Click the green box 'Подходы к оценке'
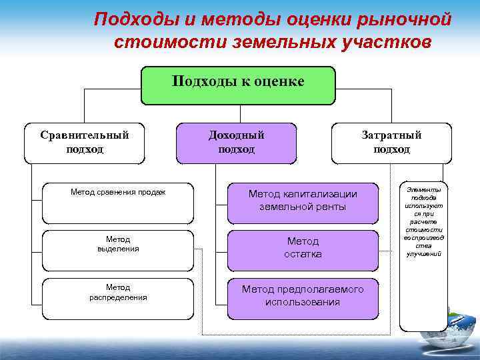click(x=238, y=85)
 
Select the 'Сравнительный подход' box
click(x=85, y=143)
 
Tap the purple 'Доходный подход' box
click(x=236, y=143)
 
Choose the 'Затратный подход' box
click(x=391, y=143)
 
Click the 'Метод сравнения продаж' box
click(x=118, y=203)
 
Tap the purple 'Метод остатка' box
click(x=303, y=247)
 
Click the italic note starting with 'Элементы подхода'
click(x=424, y=222)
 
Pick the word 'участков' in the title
click(x=382, y=41)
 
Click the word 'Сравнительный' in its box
click(x=85, y=135)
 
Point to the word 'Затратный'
click(x=391, y=135)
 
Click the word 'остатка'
click(x=303, y=255)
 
